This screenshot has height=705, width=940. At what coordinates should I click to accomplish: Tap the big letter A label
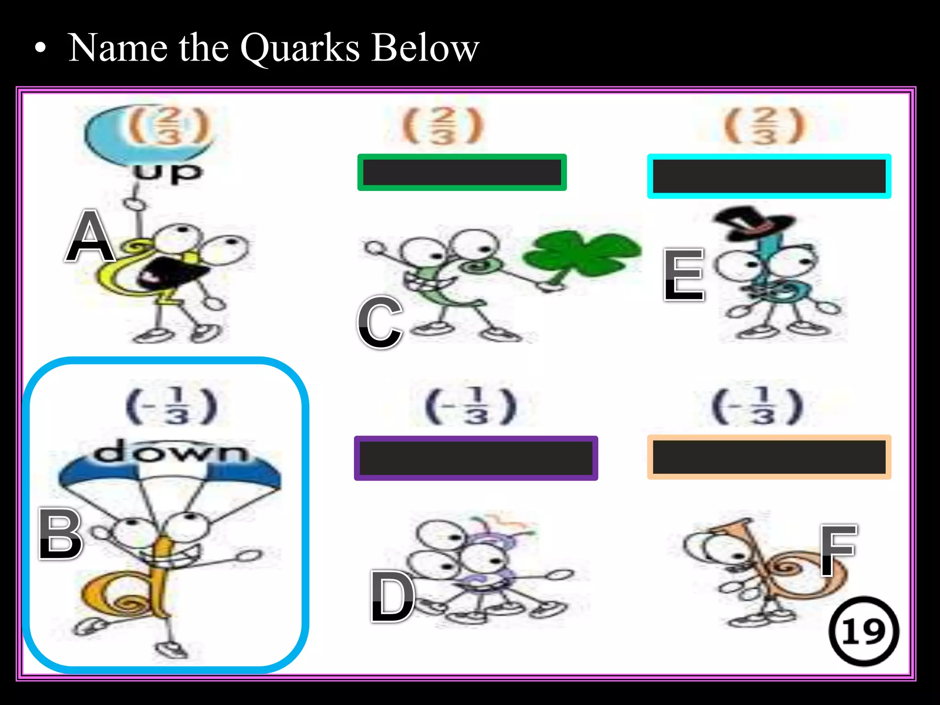click(x=90, y=236)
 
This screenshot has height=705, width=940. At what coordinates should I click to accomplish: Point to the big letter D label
click(x=392, y=596)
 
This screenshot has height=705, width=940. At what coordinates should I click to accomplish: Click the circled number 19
click(x=864, y=632)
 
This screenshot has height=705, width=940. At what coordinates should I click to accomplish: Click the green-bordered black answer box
click(x=462, y=173)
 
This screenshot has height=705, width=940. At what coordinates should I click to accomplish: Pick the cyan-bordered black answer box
click(x=769, y=176)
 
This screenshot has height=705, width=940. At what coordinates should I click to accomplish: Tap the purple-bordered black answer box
click(x=476, y=458)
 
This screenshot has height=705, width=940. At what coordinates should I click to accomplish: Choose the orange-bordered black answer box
click(x=769, y=457)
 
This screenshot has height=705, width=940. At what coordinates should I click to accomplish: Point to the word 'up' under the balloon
click(x=167, y=173)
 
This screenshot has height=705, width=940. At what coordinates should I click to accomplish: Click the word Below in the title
click(x=425, y=48)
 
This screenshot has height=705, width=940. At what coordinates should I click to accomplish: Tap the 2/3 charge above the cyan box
click(x=764, y=125)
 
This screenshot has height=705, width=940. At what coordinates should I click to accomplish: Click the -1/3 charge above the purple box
click(x=471, y=407)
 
